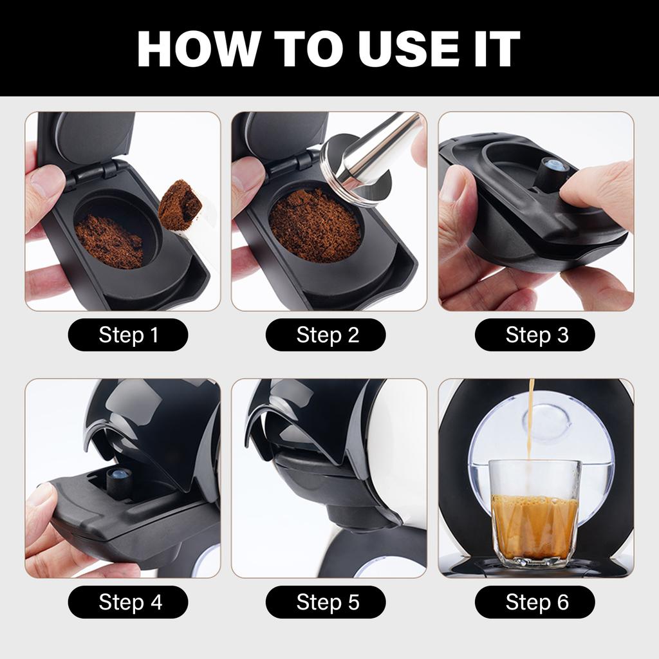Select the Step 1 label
point(128,335)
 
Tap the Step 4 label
point(128,602)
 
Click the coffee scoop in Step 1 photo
point(180,206)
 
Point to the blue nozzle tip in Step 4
point(119,477)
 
